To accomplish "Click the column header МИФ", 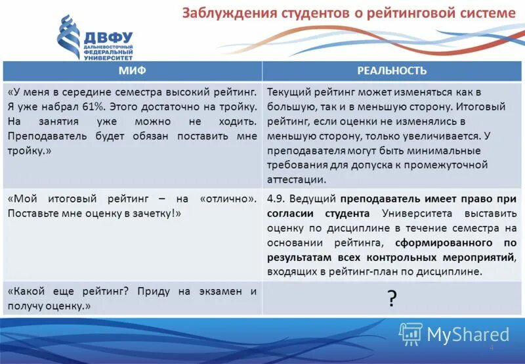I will pos(132,71).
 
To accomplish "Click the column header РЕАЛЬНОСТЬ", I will pos(392,71).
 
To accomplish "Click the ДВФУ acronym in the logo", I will pos(108,37).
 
